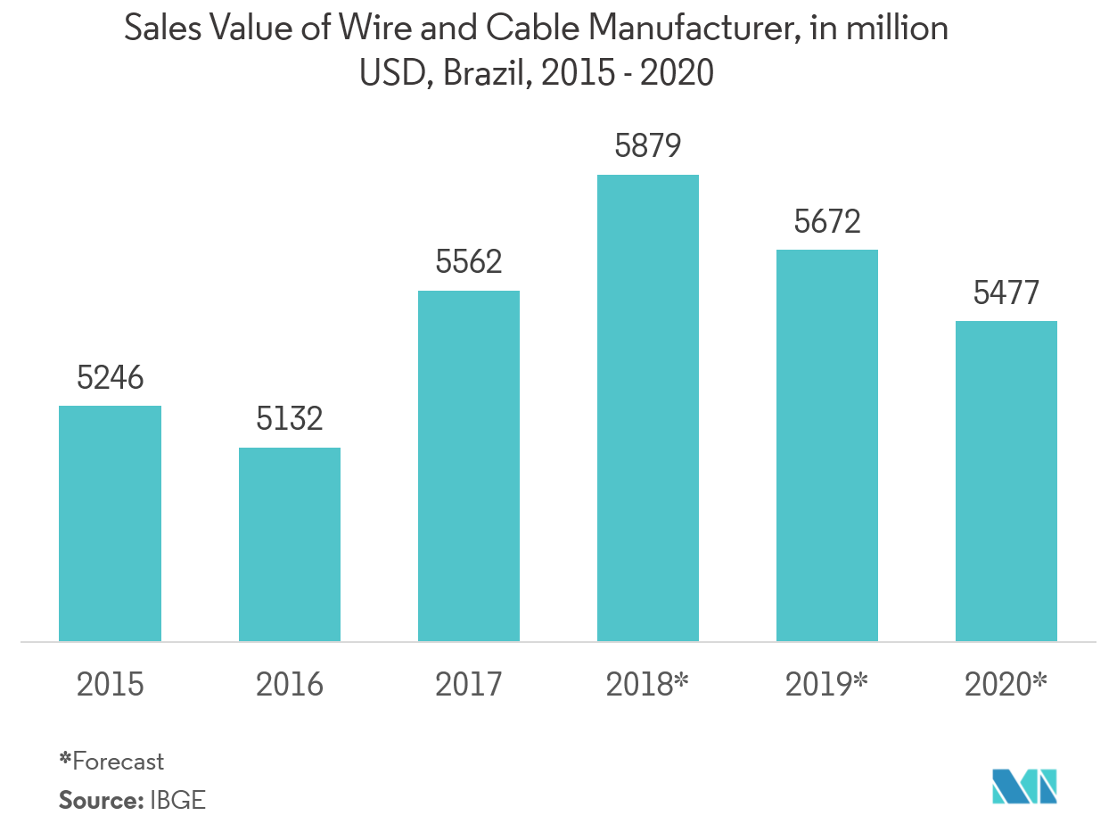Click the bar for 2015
[x=110, y=523]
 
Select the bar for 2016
[x=289, y=544]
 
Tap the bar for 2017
[x=469, y=465]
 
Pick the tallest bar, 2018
[x=648, y=408]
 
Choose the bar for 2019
[x=827, y=445]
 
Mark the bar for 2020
[x=1006, y=481]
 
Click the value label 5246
[x=110, y=379]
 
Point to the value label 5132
[x=289, y=419]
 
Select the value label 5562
[x=469, y=262]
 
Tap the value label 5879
[x=648, y=146]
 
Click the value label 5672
[x=827, y=221]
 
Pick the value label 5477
[x=1006, y=292]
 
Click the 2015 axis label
[x=110, y=685]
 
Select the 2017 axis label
[x=469, y=685]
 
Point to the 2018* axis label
[x=648, y=685]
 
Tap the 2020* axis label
[x=1006, y=685]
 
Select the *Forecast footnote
[x=111, y=762]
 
